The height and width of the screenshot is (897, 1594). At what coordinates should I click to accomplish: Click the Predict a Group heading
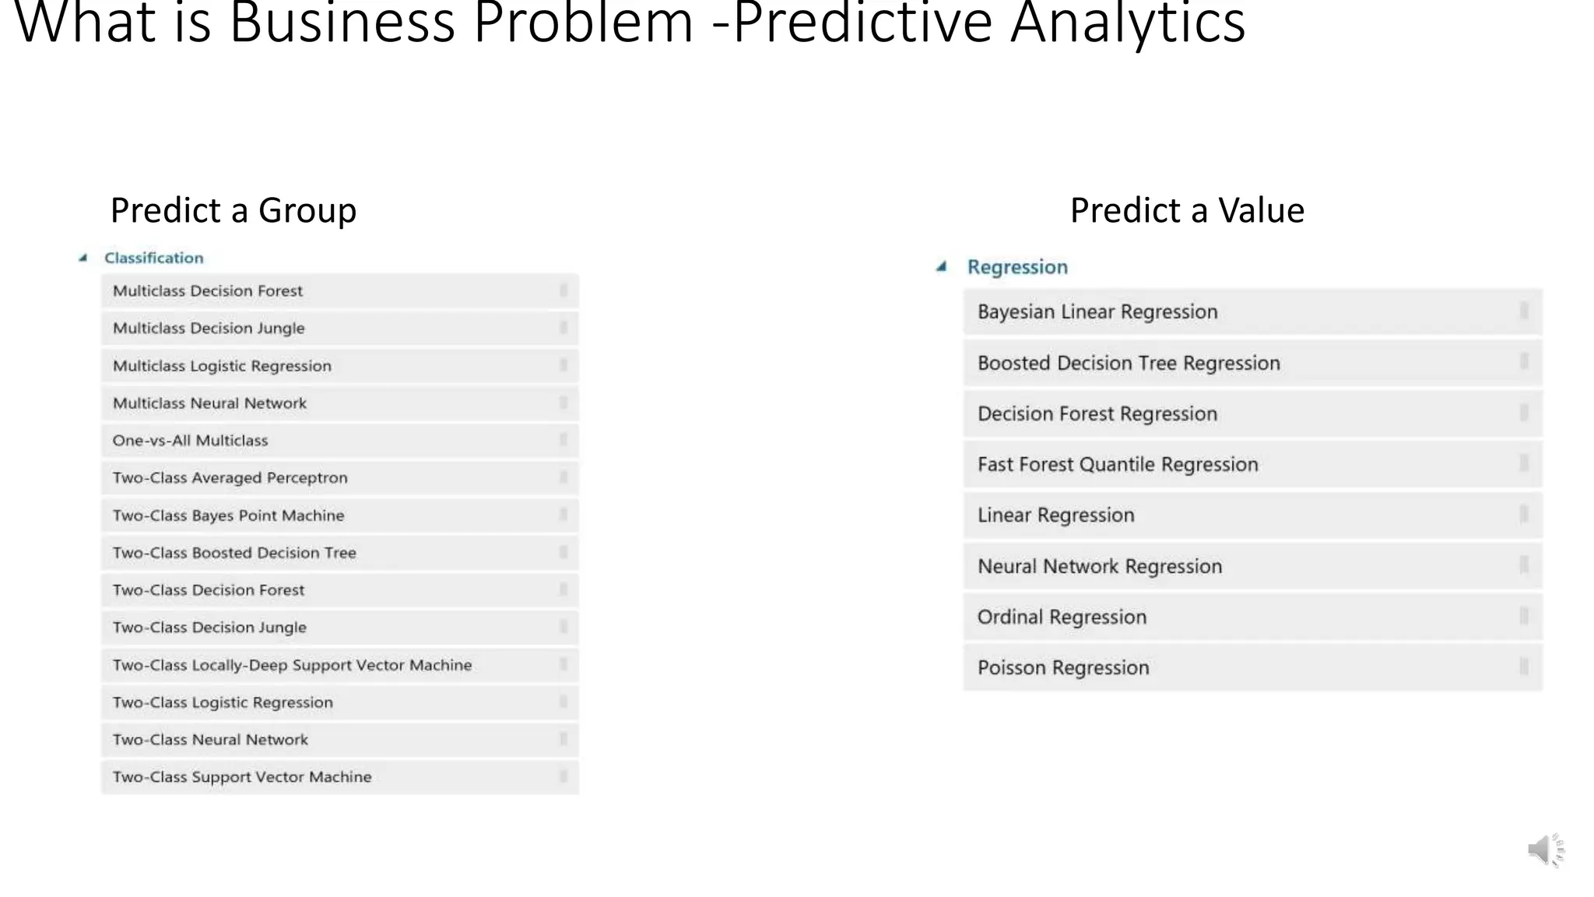click(x=233, y=210)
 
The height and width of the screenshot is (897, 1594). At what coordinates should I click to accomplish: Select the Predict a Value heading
click(x=1187, y=210)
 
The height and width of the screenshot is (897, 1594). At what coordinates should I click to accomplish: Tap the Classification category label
click(x=154, y=258)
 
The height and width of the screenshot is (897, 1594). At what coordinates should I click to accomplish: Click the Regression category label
click(x=1017, y=267)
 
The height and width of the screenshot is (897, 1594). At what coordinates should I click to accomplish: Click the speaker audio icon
click(x=1544, y=850)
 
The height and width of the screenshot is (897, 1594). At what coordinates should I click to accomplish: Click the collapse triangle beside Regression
click(x=942, y=267)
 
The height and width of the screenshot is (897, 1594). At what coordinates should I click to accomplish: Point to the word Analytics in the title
click(x=1128, y=23)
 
